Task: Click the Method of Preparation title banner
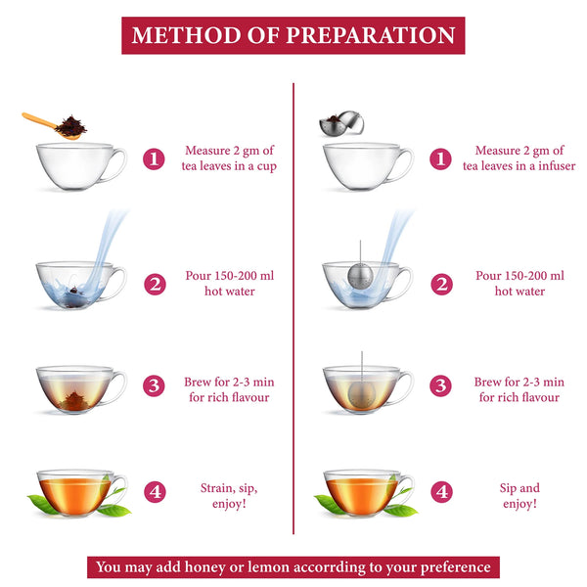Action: [293, 35]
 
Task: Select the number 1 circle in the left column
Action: [154, 158]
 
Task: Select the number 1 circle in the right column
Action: [442, 158]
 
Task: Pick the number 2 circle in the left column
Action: [154, 285]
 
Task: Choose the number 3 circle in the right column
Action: [442, 386]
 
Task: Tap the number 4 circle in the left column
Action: [154, 494]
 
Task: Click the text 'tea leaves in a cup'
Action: [229, 166]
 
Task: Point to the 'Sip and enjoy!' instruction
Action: [519, 495]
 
